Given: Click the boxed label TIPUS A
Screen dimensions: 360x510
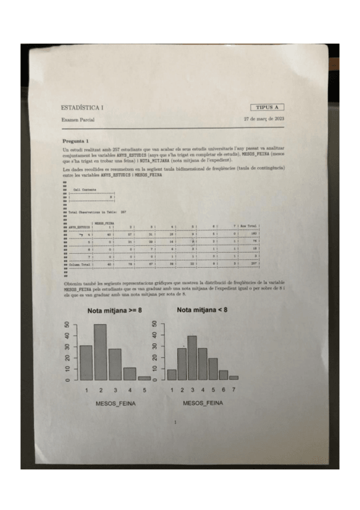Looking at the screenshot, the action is (267, 107).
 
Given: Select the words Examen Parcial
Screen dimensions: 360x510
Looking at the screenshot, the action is (78, 120).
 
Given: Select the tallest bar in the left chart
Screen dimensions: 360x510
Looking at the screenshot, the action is (100, 352).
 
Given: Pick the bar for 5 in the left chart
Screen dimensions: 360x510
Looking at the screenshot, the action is (144, 378).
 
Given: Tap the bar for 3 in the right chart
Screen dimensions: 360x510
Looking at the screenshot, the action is (192, 357).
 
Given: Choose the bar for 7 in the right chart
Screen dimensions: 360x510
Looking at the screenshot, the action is (234, 378).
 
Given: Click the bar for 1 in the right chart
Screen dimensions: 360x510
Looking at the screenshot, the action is (172, 374).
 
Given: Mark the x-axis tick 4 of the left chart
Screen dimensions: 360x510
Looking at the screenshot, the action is (130, 390).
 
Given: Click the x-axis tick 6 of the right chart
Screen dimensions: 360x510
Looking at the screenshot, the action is (224, 390).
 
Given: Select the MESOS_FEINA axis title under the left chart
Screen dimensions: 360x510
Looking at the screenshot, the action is (115, 403).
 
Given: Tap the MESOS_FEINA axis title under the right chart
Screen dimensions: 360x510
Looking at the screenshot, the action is (203, 403).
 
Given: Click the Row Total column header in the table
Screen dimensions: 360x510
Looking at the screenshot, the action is (248, 226).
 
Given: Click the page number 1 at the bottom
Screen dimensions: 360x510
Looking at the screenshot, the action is (175, 424).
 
